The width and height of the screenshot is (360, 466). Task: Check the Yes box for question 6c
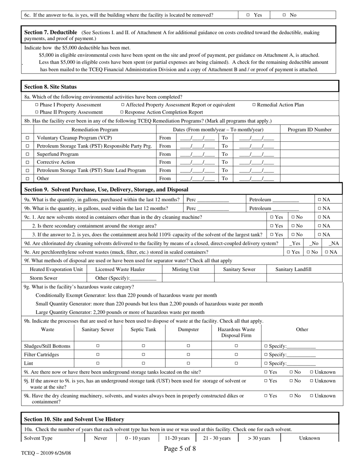click(248, 15)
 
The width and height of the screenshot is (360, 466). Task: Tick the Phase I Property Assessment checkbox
click(37, 105)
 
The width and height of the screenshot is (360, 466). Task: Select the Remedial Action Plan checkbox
click(254, 105)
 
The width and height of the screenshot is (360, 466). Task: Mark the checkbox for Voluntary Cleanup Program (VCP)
click(27, 138)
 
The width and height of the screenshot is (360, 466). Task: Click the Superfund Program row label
click(58, 154)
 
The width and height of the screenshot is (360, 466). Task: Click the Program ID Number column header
click(309, 130)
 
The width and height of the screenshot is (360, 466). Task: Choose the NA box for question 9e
click(327, 252)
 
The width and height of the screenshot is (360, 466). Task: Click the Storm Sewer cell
click(44, 278)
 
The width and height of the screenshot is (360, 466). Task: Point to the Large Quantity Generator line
click(120, 312)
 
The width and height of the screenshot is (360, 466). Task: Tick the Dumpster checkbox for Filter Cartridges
click(188, 355)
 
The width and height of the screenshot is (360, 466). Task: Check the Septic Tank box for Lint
click(143, 363)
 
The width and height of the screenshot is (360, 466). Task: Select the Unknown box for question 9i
click(312, 372)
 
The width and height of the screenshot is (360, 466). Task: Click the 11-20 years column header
click(177, 438)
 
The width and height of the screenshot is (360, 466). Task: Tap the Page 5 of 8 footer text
click(180, 449)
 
